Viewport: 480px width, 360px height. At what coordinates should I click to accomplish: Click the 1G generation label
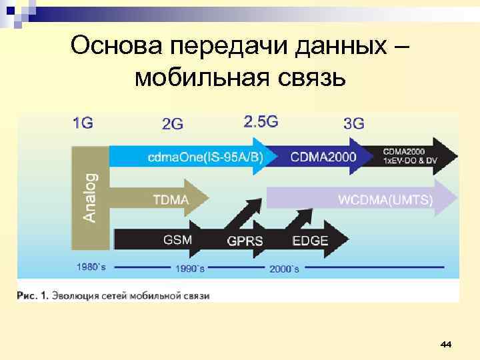(83, 123)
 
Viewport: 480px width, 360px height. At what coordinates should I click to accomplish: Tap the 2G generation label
(173, 123)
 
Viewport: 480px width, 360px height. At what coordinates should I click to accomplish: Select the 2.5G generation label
(261, 121)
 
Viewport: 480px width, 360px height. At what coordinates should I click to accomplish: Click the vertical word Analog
(89, 197)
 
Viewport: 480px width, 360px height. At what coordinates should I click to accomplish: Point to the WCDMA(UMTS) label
(385, 199)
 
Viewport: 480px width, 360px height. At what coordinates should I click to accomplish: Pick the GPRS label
(245, 241)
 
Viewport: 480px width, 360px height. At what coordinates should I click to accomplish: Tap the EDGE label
(310, 240)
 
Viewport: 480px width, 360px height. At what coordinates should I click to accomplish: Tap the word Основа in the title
(117, 47)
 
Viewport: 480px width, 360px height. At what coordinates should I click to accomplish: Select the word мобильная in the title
(201, 78)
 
